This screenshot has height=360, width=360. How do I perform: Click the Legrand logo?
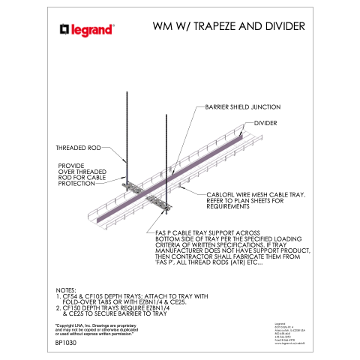coord(86,30)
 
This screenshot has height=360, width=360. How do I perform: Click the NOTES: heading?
coord(70,289)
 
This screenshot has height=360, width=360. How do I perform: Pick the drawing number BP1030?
coord(67,342)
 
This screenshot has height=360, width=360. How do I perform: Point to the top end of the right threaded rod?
coord(163,114)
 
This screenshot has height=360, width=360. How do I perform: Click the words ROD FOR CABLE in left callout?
coord(82,177)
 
